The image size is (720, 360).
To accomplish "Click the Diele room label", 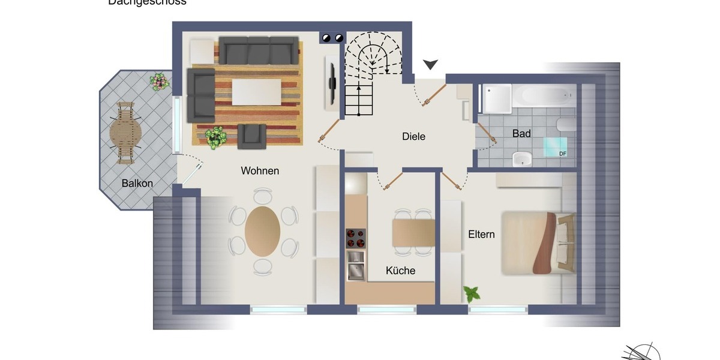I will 413,137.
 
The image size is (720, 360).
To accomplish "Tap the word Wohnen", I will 260,171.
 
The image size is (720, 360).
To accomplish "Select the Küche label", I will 401,271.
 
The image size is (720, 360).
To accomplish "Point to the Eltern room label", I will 481,234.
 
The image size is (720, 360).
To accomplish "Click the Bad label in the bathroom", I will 521,134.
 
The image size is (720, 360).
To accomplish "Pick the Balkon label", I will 137,184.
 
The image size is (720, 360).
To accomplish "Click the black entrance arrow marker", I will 431,64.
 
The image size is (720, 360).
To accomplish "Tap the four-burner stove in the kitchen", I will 355,238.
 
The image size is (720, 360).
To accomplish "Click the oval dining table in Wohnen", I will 262,231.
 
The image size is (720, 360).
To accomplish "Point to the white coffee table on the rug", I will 256,92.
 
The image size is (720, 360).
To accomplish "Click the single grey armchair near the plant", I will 251,136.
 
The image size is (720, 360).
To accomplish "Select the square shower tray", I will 497,98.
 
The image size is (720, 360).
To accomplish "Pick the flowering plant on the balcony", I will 159,81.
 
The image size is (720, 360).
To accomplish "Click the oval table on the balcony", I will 125,132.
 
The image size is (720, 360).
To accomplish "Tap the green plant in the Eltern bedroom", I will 472,294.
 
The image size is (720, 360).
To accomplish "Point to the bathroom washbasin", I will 523,160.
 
